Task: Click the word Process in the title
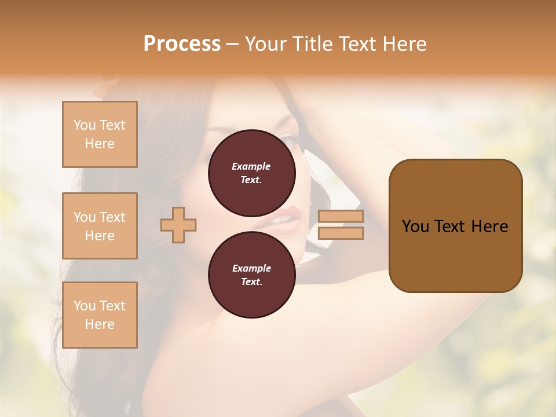(x=182, y=44)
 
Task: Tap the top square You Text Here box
(x=100, y=134)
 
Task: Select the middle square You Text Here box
(x=100, y=226)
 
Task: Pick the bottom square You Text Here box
(x=100, y=315)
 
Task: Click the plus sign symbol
(x=178, y=225)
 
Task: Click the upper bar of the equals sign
(x=341, y=216)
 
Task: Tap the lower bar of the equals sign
(x=341, y=233)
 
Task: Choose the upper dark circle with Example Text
(x=251, y=173)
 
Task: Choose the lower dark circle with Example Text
(x=251, y=275)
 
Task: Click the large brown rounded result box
(x=455, y=226)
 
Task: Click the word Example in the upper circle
(x=251, y=166)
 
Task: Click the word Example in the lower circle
(x=251, y=268)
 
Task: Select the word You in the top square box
(x=85, y=125)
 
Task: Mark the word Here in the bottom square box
(x=100, y=324)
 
